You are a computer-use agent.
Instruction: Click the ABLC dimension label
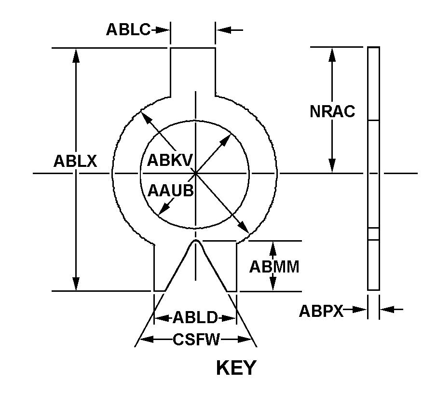coord(128,29)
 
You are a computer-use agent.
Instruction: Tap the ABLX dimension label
coord(75,161)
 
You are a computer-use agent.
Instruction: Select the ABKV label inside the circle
coord(170,160)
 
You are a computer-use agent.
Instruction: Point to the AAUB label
coord(171,191)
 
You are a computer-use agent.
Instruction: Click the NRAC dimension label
coord(332,111)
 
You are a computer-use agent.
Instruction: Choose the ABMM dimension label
coord(274,267)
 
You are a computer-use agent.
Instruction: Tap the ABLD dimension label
coord(195,317)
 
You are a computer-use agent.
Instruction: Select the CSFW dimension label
coord(196,340)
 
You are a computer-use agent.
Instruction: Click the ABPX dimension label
coord(321,311)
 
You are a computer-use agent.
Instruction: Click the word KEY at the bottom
coord(236,368)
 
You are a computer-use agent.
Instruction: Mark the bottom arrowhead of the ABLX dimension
coord(76,284)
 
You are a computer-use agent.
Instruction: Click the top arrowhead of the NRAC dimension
coord(332,54)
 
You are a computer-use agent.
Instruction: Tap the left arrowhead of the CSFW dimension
coord(146,340)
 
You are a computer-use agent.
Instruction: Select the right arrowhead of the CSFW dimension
coord(245,340)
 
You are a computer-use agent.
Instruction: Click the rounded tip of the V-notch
coord(196,240)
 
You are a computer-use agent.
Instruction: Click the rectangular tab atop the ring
coord(193,72)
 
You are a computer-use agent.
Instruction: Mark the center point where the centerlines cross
coord(196,173)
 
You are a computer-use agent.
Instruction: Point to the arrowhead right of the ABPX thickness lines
coord(387,309)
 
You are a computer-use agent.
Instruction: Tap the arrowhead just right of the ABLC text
coord(163,30)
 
